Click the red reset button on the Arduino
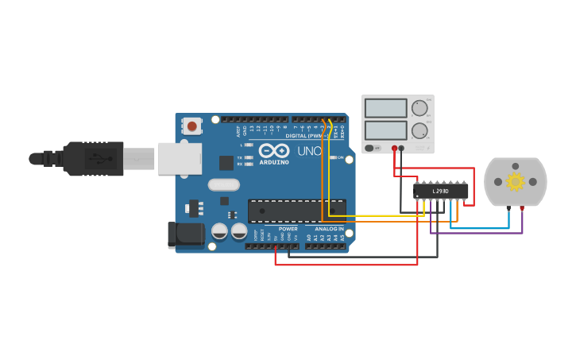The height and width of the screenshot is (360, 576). click(x=192, y=126)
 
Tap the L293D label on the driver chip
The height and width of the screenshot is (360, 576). click(x=440, y=191)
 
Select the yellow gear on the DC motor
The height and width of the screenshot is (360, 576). click(x=516, y=182)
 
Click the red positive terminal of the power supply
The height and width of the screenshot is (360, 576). click(x=394, y=148)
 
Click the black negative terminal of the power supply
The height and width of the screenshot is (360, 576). click(x=401, y=148)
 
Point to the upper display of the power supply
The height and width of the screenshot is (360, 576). click(x=385, y=108)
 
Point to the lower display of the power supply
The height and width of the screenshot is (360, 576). click(x=385, y=130)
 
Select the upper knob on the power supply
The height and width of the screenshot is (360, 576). click(x=419, y=108)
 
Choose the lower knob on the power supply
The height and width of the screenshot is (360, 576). click(x=419, y=130)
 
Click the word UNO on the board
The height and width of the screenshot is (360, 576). click(x=310, y=151)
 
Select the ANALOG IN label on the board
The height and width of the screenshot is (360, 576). click(x=330, y=229)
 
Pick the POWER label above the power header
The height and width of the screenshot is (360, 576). click(x=288, y=229)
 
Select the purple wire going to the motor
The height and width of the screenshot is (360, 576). click(x=477, y=234)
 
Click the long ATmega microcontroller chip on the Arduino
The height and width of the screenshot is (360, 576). click(x=296, y=211)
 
